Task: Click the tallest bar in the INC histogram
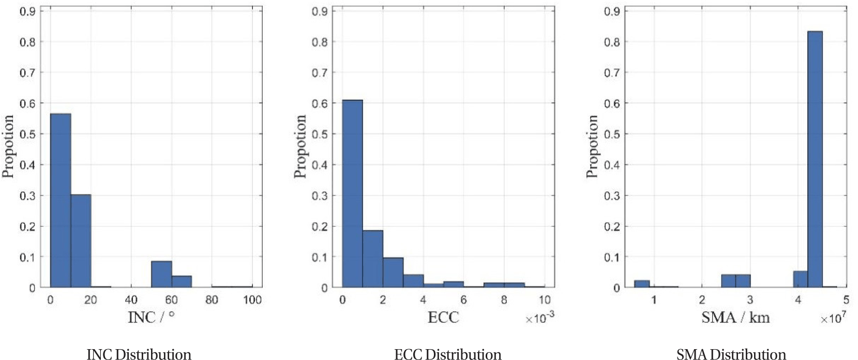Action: [x=61, y=200]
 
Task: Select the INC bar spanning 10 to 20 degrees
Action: [x=81, y=241]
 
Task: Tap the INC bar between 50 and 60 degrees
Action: [x=161, y=274]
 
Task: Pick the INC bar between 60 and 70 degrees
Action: [x=182, y=281]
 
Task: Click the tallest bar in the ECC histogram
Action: [x=352, y=194]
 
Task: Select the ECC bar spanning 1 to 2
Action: [x=373, y=259]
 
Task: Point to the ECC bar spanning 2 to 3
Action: [x=393, y=273]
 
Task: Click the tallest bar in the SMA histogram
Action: [x=815, y=159]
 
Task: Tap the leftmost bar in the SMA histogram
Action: [x=642, y=284]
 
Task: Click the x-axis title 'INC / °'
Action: [x=152, y=317]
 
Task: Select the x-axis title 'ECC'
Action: [x=443, y=318]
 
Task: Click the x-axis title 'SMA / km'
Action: [x=735, y=318]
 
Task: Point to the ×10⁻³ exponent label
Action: [x=540, y=318]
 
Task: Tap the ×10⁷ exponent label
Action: [x=833, y=318]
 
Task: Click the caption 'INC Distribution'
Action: [x=139, y=354]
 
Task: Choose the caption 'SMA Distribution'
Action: [x=731, y=354]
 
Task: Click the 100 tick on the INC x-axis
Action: [x=252, y=299]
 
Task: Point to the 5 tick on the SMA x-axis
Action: [x=846, y=299]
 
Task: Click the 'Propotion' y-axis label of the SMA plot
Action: [x=592, y=146]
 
